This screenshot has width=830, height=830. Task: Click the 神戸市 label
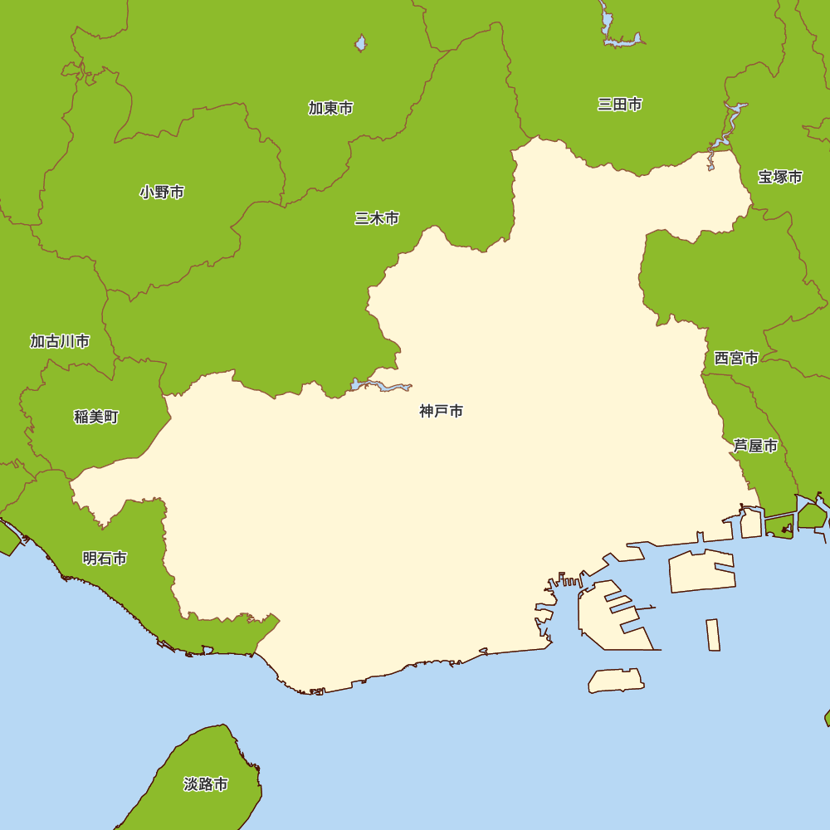(x=441, y=411)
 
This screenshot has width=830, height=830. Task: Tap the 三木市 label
(x=377, y=218)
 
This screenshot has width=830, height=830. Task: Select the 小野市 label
(x=162, y=193)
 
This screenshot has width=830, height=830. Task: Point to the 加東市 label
(x=331, y=108)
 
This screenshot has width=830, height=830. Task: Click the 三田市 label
(x=620, y=104)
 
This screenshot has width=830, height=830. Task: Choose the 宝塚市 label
(x=780, y=177)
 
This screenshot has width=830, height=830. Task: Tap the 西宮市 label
(x=736, y=359)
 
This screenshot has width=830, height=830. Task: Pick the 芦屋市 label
(x=755, y=447)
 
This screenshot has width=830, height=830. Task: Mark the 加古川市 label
(x=60, y=341)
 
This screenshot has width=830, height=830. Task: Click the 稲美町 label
(x=96, y=417)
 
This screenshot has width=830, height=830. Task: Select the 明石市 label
(x=105, y=559)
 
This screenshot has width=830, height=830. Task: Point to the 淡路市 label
(x=206, y=784)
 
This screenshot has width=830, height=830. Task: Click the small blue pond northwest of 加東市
(x=360, y=43)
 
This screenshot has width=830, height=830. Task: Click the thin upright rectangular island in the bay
(x=713, y=635)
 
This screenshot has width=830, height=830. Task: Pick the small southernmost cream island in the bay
(x=616, y=681)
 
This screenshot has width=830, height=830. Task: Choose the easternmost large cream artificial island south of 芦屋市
(x=701, y=571)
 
